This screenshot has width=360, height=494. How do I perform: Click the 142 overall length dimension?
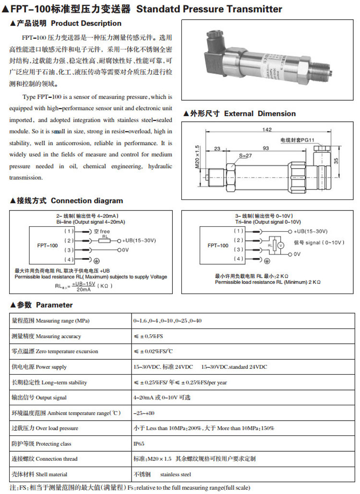[267, 129]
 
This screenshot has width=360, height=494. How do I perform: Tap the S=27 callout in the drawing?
[245, 156]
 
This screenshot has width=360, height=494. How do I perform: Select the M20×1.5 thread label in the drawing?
[197, 156]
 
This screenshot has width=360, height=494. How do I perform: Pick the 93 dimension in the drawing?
[265, 148]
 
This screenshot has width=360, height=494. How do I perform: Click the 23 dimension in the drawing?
[217, 148]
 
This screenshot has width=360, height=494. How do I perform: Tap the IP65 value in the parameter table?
[139, 444]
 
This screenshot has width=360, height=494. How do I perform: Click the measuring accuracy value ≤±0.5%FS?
[148, 336]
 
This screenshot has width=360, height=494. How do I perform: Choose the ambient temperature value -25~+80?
[144, 413]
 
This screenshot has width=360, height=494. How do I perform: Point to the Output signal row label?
[39, 398]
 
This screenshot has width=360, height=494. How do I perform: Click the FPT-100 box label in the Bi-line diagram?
[47, 245]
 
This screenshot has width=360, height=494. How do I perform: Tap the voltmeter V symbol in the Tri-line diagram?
[282, 245]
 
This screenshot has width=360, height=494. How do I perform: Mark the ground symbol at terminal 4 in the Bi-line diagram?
[96, 260]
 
